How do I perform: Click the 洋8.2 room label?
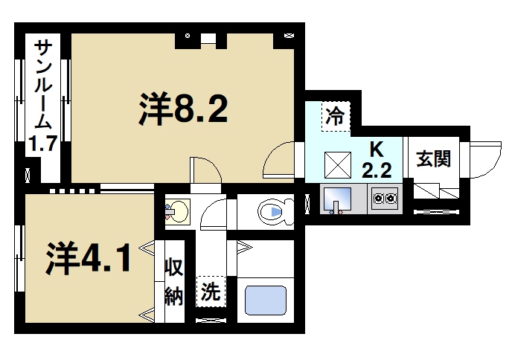coord(182,111)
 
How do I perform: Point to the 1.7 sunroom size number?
coord(43,144)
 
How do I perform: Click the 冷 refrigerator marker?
coord(336,117)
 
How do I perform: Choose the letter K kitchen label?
coord(377,147)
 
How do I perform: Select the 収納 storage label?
coord(174,281)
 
